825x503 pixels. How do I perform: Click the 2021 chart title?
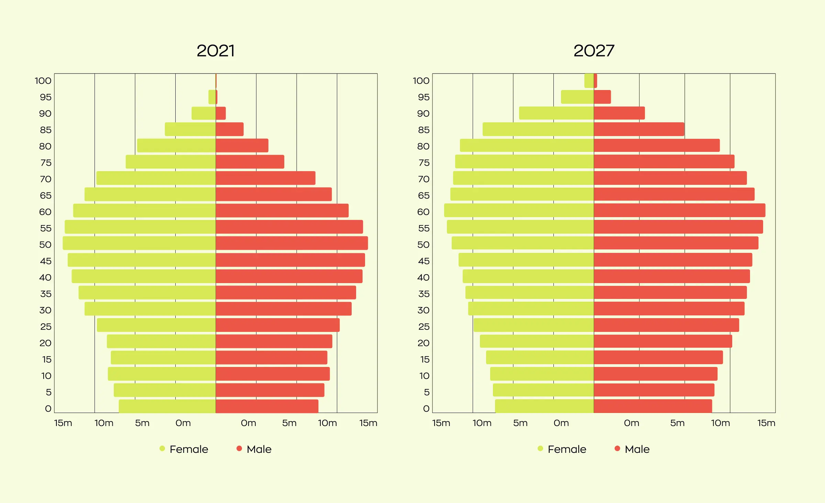pos(216,51)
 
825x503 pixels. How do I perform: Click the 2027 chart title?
pos(594,51)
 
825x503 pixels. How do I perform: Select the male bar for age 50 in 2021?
pos(291,243)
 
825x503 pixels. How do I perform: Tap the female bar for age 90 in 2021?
pos(203,113)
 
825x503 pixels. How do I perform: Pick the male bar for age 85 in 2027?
pos(639,129)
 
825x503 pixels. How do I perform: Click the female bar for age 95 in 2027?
pos(577,97)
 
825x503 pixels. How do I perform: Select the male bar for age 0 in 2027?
pos(652,406)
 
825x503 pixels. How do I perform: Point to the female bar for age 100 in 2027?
pos(589,81)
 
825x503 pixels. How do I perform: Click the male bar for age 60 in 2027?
pos(679,210)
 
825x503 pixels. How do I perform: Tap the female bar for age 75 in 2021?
pos(170,162)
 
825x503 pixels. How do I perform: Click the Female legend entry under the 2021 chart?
pos(184,449)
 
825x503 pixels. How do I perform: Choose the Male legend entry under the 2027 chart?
pos(632,449)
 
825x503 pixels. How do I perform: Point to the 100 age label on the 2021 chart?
pos(43,81)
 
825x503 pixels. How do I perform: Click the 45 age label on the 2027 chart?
pos(423,261)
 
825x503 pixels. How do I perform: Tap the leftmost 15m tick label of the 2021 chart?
pos(63,423)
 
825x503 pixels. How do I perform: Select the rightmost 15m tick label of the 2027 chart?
pos(766,423)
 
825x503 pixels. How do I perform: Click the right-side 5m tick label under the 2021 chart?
pos(289,423)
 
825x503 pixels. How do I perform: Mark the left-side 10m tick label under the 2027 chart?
pos(482,423)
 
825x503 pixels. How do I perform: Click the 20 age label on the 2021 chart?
pos(45,343)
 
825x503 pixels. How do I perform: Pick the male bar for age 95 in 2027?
pos(602,97)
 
